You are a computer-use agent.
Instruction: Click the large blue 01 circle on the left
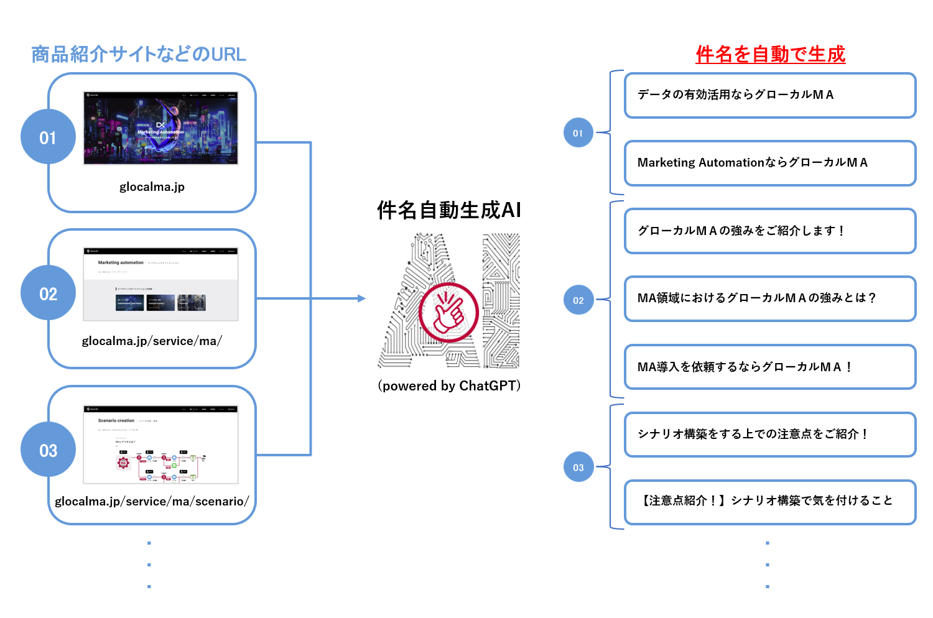point(48,137)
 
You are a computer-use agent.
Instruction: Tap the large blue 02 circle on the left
point(48,293)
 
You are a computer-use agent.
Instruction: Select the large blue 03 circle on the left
point(48,450)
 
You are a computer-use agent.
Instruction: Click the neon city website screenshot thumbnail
point(160,128)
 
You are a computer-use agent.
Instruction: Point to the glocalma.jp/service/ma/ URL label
point(152,341)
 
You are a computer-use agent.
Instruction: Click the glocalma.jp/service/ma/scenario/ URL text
point(152,501)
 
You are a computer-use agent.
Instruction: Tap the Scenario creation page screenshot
point(160,445)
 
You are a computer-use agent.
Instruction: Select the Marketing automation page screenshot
point(160,284)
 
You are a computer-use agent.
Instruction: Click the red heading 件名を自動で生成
point(770,54)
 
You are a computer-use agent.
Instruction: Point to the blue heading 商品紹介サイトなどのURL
point(139,54)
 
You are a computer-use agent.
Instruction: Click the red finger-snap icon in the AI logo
point(448,313)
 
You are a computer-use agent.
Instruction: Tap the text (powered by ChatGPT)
point(449,386)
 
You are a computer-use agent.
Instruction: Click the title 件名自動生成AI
point(449,210)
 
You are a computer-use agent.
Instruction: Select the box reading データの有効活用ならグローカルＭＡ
point(770,95)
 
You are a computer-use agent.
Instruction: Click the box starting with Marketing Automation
point(770,163)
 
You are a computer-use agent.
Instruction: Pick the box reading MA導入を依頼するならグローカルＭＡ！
point(770,367)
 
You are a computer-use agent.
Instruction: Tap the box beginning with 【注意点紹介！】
point(770,502)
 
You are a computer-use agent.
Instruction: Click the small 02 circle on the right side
point(578,300)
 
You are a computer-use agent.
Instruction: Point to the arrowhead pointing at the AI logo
point(362,298)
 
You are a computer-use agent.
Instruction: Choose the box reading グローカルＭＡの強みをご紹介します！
point(770,231)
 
